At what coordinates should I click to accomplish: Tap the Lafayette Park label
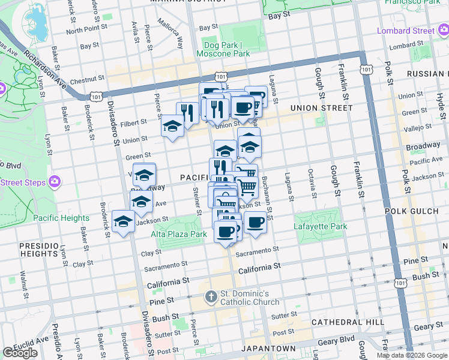tap(321, 227)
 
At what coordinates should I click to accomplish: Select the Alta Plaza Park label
tap(179, 234)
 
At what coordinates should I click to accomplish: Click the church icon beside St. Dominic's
tap(211, 296)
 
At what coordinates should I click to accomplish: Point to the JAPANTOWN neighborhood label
tap(268, 349)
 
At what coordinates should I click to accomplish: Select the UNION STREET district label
tap(321, 108)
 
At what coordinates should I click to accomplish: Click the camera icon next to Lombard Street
tap(443, 31)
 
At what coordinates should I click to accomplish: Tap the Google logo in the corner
tap(20, 353)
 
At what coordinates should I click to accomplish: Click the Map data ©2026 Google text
tap(412, 355)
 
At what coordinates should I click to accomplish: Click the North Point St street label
tap(86, 29)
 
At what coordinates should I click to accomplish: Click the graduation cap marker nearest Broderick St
tap(123, 223)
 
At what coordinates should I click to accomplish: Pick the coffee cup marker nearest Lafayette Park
tap(255, 222)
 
